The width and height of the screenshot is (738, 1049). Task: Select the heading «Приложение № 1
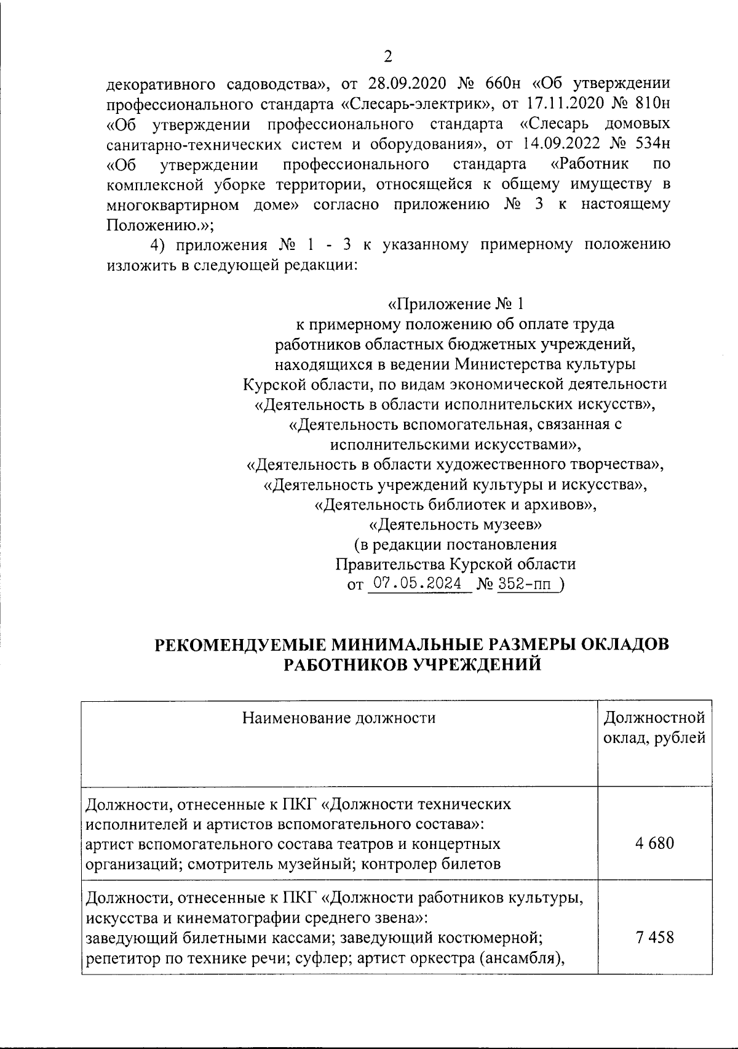coord(456,304)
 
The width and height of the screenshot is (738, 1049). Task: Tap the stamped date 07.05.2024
coord(418,584)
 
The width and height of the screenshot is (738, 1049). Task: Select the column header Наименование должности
coord(339,718)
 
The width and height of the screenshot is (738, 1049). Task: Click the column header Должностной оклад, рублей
coord(654,728)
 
